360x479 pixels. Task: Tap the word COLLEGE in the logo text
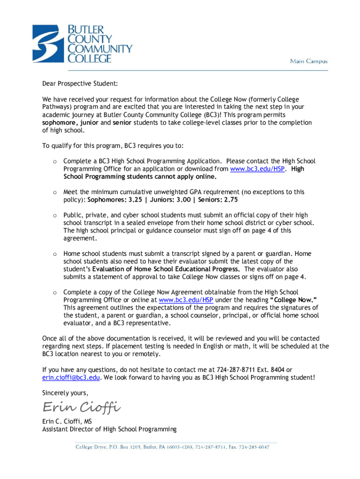(x=90, y=58)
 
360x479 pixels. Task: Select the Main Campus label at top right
(x=309, y=61)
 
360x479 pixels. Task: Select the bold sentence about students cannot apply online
(x=140, y=177)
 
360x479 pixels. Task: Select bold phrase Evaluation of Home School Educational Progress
(x=166, y=269)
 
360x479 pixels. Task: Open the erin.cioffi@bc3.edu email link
(x=71, y=377)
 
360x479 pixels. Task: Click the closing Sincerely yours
(x=65, y=392)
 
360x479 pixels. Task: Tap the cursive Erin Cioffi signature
(x=82, y=406)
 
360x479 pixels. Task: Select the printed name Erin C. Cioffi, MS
(x=67, y=421)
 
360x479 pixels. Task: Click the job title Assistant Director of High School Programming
(x=109, y=429)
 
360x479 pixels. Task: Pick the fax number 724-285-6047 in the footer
(x=256, y=447)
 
